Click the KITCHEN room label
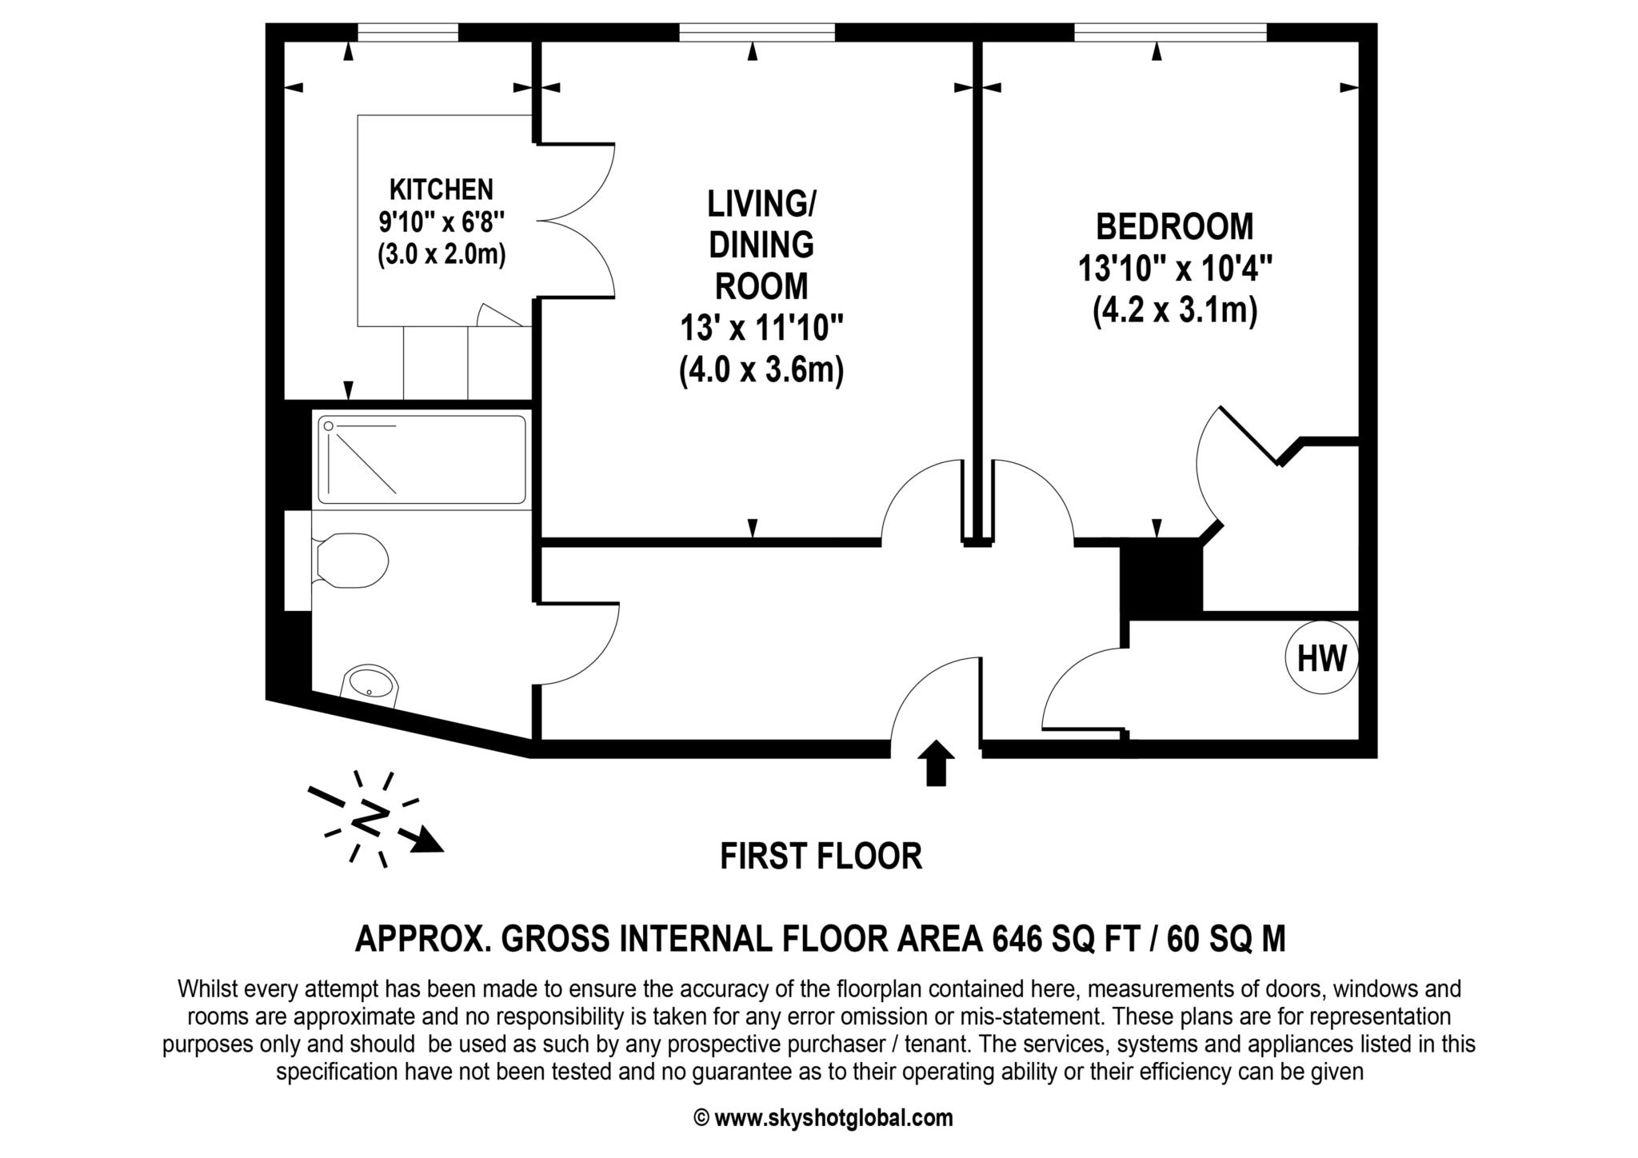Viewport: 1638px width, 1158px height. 441,190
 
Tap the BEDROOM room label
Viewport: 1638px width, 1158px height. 1174,226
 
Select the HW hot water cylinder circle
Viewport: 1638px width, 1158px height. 1321,658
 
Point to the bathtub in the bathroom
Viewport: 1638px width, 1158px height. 421,459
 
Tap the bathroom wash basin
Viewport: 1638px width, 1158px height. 370,685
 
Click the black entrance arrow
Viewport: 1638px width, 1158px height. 935,762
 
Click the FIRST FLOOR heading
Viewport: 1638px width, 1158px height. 821,857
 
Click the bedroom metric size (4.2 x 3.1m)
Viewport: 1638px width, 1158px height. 1174,309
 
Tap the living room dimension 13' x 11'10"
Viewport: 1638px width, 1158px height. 761,328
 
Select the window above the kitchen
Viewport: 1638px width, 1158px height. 408,32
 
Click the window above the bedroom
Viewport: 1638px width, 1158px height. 1171,32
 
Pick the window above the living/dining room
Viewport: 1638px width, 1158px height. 757,32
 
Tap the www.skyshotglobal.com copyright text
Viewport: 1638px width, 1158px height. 823,1117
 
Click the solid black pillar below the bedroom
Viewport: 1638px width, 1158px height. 1161,580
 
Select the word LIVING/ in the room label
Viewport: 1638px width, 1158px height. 761,204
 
